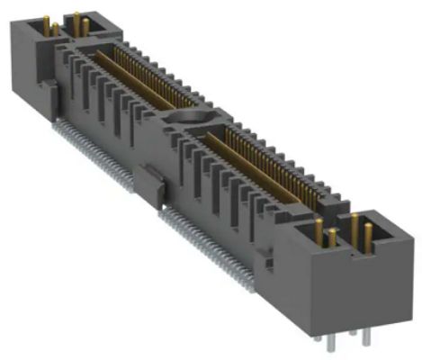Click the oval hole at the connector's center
click(188, 118)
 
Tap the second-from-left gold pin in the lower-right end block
click(333, 239)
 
